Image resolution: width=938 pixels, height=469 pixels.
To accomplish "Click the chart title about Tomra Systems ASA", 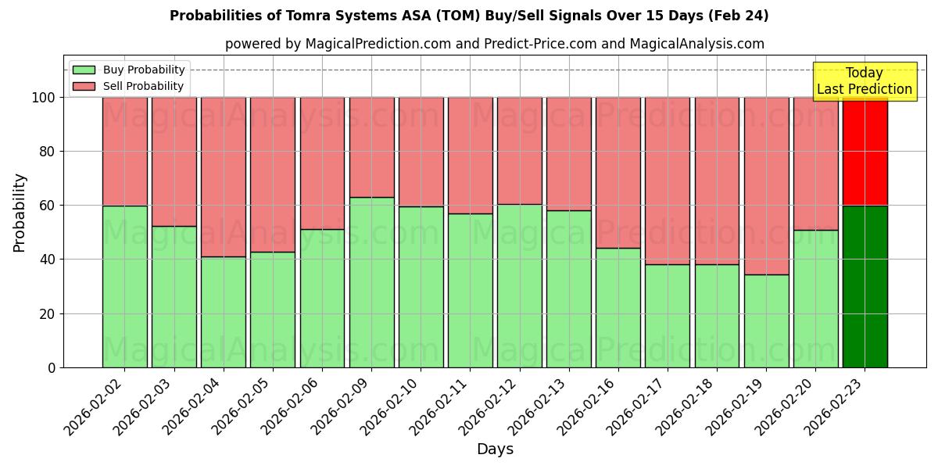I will pos(469,16).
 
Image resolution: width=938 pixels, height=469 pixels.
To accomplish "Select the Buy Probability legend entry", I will pos(129,70).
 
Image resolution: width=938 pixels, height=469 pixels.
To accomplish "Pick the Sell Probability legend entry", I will pos(129,86).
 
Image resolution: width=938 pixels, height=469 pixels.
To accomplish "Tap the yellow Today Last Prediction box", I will pos(864,81).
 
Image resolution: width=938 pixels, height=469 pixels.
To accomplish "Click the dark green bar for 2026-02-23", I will pos(865,286).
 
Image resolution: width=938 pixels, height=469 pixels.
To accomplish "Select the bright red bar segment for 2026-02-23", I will pos(865,151).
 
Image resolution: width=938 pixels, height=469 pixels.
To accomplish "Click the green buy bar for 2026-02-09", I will pos(371,282).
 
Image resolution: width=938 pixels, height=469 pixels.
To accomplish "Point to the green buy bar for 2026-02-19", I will pos(766,320).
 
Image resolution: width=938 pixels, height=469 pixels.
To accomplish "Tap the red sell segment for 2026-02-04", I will pos(224,177).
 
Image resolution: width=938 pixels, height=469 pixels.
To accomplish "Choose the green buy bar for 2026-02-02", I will pos(124,286).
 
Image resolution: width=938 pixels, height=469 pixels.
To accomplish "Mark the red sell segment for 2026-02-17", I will pos(668,181).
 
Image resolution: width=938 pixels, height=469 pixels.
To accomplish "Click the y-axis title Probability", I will pos(20,212).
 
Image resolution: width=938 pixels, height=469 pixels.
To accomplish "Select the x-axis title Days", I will pos(495,449).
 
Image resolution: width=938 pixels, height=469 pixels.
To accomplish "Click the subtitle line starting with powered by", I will pos(494,44).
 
